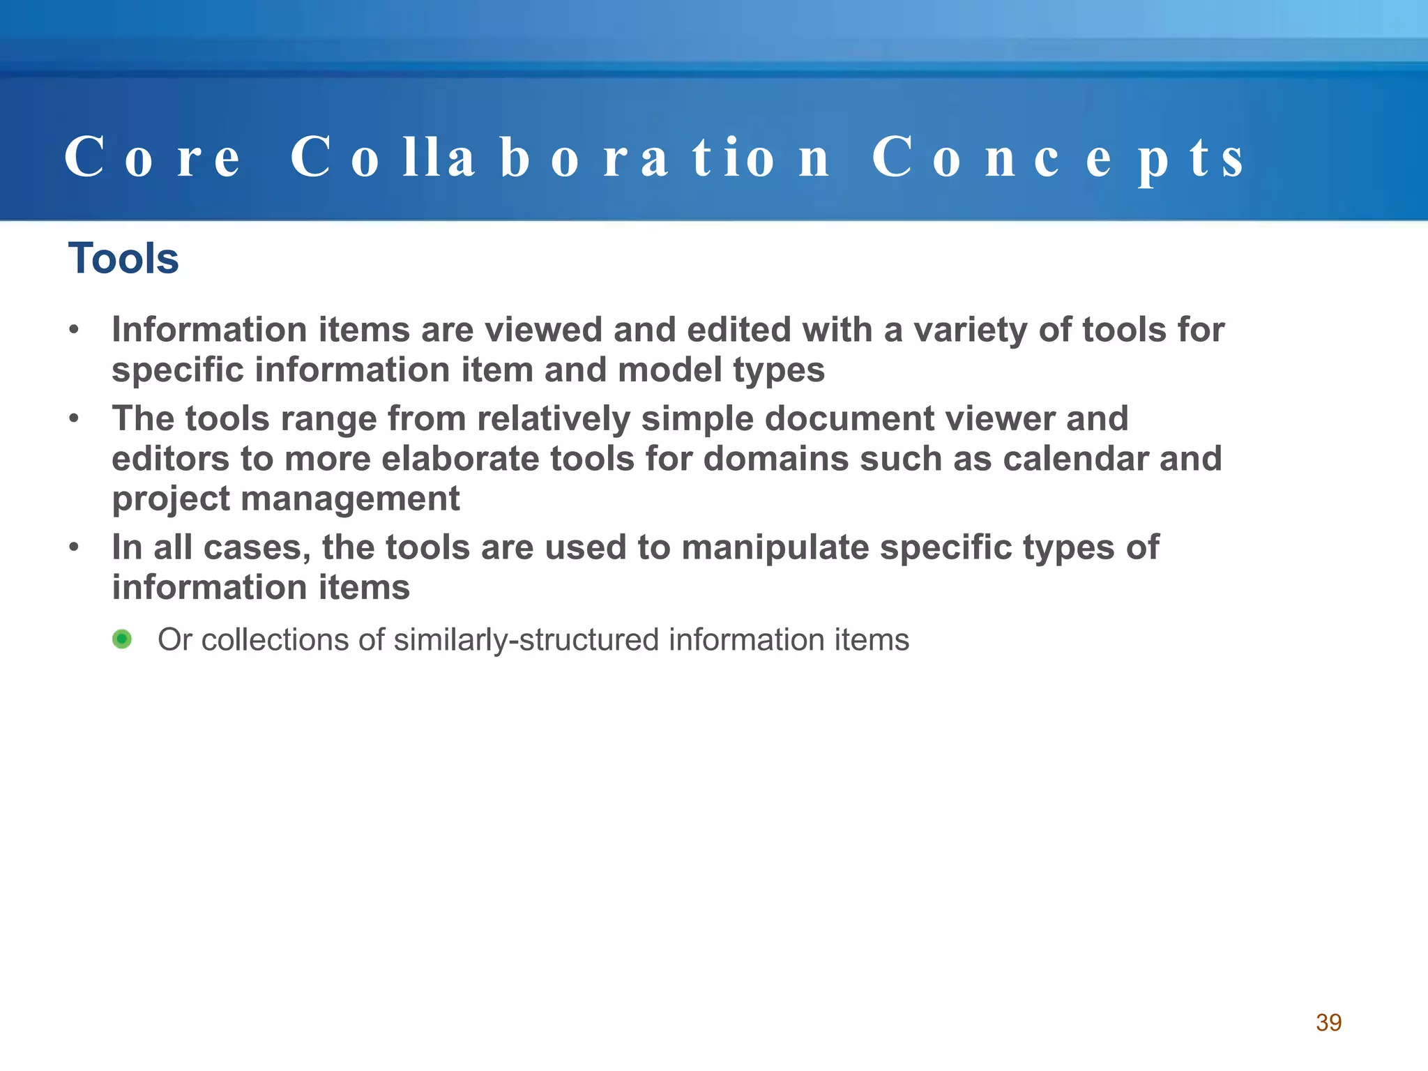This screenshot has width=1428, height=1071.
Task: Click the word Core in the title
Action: [x=152, y=158]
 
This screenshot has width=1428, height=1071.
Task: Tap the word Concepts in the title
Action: [x=1057, y=158]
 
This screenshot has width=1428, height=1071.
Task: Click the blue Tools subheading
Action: [x=123, y=259]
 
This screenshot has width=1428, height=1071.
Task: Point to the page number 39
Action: [x=1328, y=1022]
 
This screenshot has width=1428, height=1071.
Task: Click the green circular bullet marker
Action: [x=122, y=639]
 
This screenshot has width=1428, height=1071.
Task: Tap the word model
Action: [x=669, y=370]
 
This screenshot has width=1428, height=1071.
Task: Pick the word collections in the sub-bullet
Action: [x=275, y=640]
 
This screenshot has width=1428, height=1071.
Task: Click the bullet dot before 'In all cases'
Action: [x=74, y=547]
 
